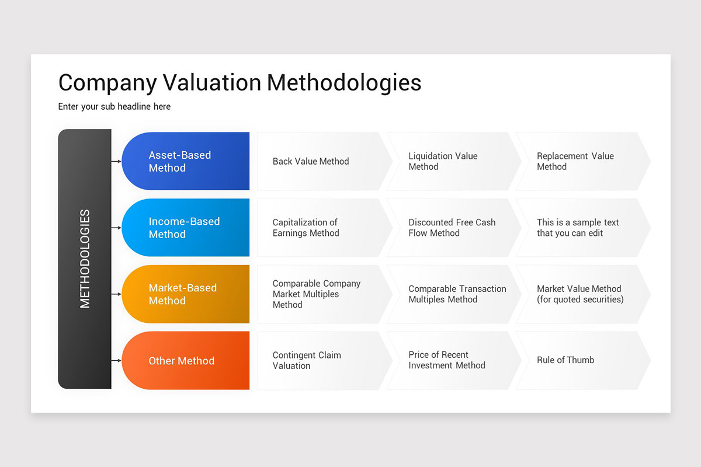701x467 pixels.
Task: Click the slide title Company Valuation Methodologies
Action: pyautogui.click(x=240, y=82)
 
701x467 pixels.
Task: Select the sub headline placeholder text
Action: pyautogui.click(x=114, y=106)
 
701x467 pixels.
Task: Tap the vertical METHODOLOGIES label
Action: pyautogui.click(x=85, y=259)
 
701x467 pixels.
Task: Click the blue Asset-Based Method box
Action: pyautogui.click(x=186, y=161)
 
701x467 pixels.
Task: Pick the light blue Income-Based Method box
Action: pyautogui.click(x=186, y=228)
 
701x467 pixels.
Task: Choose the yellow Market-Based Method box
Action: pyautogui.click(x=186, y=294)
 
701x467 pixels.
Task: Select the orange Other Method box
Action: pyautogui.click(x=186, y=361)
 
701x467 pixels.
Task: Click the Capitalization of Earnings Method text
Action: pyautogui.click(x=306, y=228)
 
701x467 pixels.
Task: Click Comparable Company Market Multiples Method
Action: pyautogui.click(x=316, y=294)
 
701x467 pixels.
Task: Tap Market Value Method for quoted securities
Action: pyautogui.click(x=579, y=294)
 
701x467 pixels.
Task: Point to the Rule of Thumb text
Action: pyautogui.click(x=565, y=360)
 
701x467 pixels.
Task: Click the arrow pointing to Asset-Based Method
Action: pyautogui.click(x=116, y=161)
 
